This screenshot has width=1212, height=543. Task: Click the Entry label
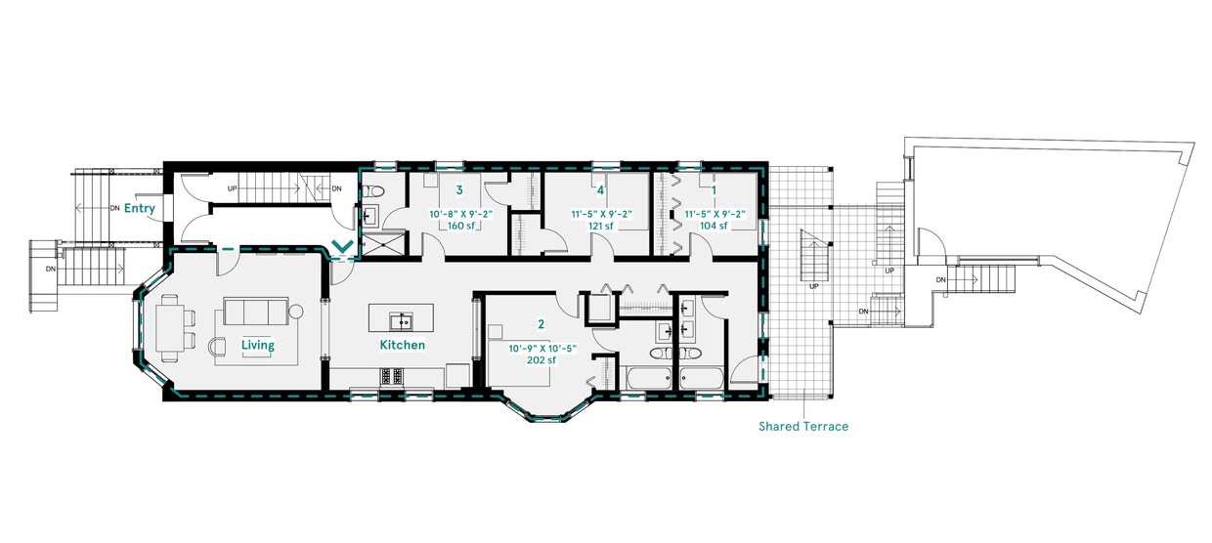(x=140, y=208)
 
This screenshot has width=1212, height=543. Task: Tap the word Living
(x=258, y=345)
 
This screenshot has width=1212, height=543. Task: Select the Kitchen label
(x=403, y=345)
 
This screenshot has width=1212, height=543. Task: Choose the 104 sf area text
(x=714, y=226)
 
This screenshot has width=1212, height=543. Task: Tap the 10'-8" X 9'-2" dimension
(x=458, y=213)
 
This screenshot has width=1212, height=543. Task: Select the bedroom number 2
(x=540, y=323)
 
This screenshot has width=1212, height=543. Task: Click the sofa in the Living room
(x=256, y=312)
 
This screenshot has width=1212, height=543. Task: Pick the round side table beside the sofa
(x=297, y=313)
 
